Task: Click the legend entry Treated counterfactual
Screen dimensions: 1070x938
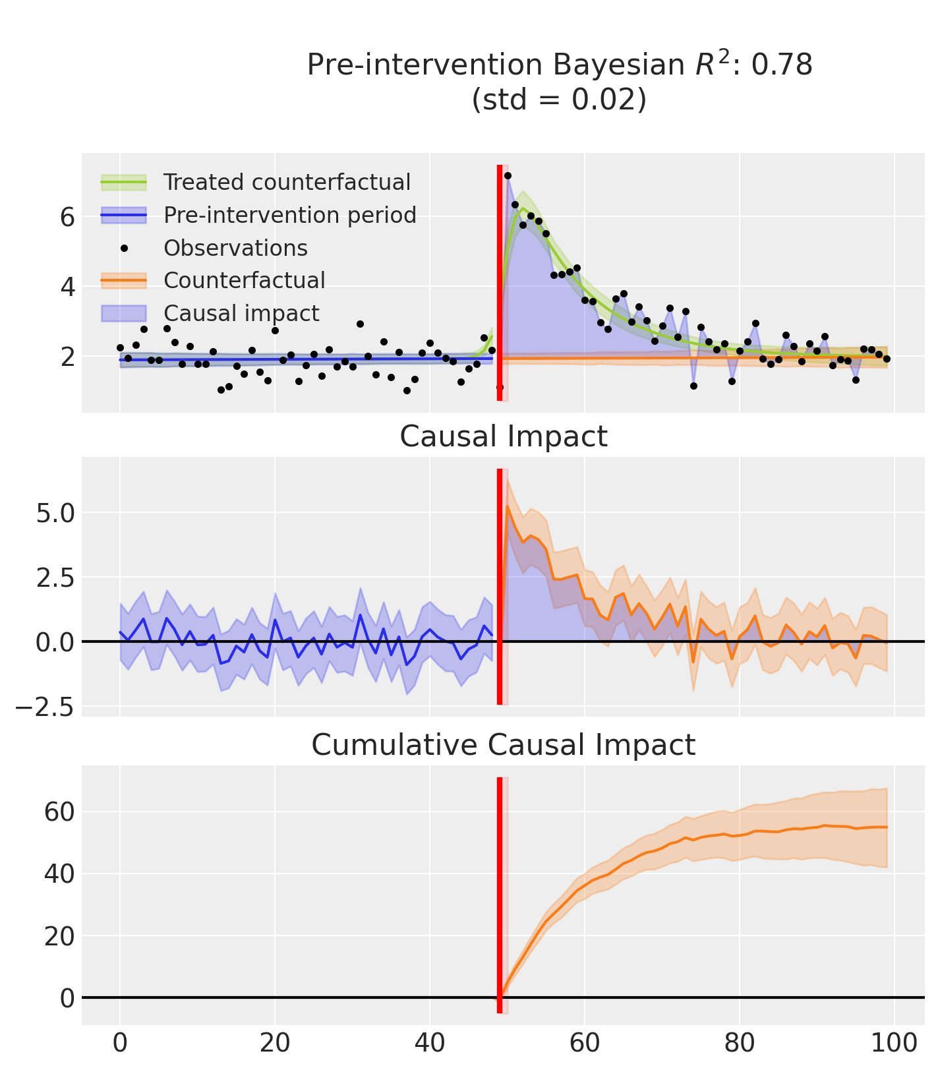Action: (287, 182)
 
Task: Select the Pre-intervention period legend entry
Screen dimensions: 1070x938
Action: (290, 215)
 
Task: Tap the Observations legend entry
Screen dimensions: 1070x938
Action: (235, 248)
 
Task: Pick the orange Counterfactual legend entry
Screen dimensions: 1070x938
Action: (244, 280)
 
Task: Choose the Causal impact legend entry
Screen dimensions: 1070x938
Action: (241, 313)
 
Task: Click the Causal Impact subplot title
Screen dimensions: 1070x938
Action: (504, 436)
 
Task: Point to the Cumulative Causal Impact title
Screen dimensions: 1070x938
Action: (504, 745)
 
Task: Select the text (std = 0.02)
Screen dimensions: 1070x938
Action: (559, 99)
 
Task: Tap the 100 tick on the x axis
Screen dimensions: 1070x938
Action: (894, 1044)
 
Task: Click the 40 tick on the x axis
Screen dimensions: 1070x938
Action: (430, 1044)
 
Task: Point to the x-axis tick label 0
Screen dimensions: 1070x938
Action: (120, 1044)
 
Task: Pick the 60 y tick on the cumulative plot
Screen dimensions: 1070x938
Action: (59, 812)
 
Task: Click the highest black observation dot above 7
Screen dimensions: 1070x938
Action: (508, 175)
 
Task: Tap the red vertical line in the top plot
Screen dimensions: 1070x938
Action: (499, 283)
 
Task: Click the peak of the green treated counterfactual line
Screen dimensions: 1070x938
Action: (523, 209)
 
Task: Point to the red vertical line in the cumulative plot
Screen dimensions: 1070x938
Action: (499, 890)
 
